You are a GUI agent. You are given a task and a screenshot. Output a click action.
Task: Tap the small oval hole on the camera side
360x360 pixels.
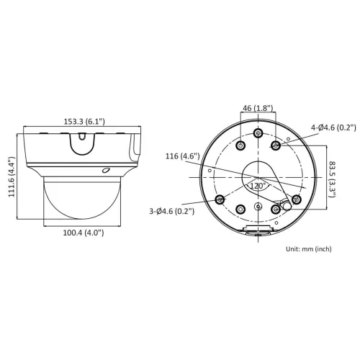coord(105,171)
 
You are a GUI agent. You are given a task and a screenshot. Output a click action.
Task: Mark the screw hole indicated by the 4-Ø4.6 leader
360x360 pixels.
coord(276,146)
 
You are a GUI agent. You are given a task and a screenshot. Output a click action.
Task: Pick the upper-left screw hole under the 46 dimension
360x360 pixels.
coord(240,146)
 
